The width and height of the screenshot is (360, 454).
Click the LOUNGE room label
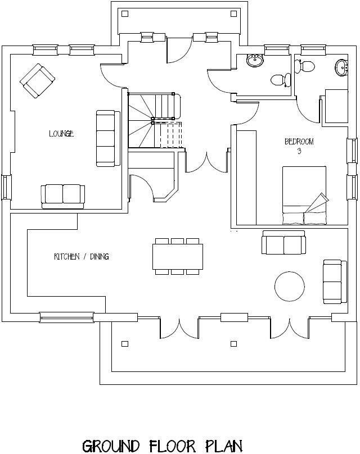pyautogui.click(x=61, y=134)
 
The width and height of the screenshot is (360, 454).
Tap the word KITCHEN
pyautogui.click(x=65, y=257)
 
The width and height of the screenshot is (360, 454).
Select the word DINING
pyautogui.click(x=97, y=257)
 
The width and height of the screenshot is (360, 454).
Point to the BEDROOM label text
pyautogui.click(x=298, y=142)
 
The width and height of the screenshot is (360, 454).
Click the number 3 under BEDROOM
pyautogui.click(x=298, y=150)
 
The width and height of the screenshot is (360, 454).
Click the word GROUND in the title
pyautogui.click(x=111, y=447)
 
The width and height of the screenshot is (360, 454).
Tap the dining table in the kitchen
pyautogui.click(x=178, y=257)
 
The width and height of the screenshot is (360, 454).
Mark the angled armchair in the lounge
pyautogui.click(x=37, y=80)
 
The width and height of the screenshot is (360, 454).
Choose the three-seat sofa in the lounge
pyautogui.click(x=107, y=138)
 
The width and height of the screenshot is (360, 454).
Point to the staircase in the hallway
pyautogui.click(x=155, y=121)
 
